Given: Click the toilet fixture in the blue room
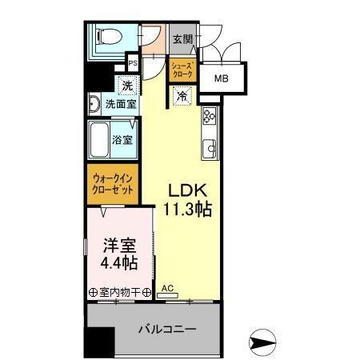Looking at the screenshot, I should tap(104, 36).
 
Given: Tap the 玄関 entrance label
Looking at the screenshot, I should tap(182, 39).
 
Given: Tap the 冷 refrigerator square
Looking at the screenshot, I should tap(182, 95).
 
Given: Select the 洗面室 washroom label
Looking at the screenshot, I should tap(122, 103).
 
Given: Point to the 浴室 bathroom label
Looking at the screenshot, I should tap(122, 139).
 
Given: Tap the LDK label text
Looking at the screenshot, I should tap(187, 191).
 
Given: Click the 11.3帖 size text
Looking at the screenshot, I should tap(189, 210).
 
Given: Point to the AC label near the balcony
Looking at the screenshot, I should tap(168, 288).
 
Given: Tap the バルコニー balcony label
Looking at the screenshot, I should tap(166, 329).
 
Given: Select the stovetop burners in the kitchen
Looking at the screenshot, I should tap(210, 116).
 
